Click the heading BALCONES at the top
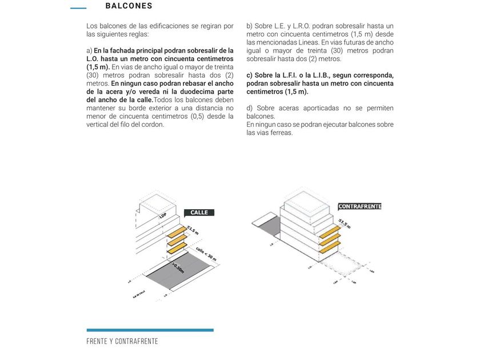[129, 6]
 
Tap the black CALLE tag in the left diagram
[199, 213]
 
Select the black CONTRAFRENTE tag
[359, 206]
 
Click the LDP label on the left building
[162, 215]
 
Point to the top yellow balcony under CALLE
[177, 231]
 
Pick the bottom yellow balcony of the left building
[177, 247]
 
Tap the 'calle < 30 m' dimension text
[206, 255]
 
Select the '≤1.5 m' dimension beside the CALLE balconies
[193, 231]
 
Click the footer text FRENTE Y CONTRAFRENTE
[122, 342]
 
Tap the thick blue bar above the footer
[150, 330]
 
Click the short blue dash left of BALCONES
[78, 8]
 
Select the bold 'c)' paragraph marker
[250, 75]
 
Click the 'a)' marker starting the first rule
[89, 51]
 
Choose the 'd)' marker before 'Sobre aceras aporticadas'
[250, 108]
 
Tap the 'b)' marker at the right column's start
[250, 26]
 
